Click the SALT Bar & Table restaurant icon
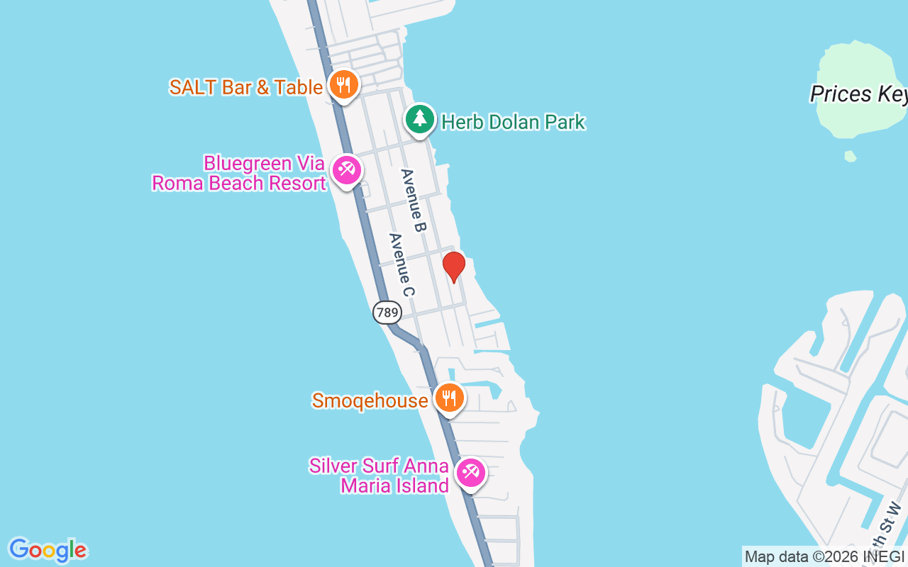click(343, 86)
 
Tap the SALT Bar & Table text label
click(246, 87)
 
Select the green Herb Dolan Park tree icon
click(420, 119)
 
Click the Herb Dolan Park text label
click(513, 122)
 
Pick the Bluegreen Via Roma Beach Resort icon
click(347, 170)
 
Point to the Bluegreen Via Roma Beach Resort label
click(239, 173)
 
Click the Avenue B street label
click(413, 201)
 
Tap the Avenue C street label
click(402, 264)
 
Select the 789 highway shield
click(387, 313)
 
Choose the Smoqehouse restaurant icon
click(448, 398)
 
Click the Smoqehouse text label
click(370, 400)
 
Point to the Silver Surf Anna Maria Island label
click(380, 476)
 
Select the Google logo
click(48, 549)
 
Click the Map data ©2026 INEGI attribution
click(824, 557)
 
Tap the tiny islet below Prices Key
click(851, 156)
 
